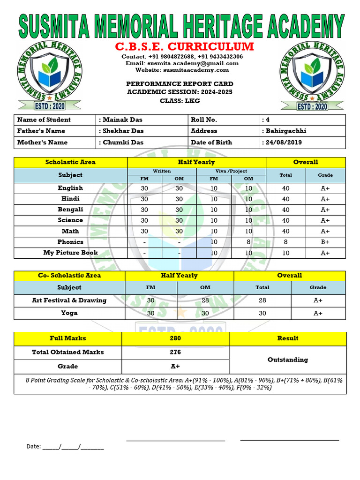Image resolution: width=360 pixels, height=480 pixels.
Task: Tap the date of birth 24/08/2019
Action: point(283,142)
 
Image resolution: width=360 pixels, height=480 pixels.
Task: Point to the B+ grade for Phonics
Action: point(325,242)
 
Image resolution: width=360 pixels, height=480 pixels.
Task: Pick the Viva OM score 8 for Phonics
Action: point(248,242)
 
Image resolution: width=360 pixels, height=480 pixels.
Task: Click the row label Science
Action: point(70,220)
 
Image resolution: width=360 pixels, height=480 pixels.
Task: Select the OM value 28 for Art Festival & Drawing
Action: point(205,300)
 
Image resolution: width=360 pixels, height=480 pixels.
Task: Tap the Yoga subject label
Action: point(69,313)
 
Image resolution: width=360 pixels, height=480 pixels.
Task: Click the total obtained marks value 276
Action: point(175,352)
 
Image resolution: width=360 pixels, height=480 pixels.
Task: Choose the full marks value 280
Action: point(175,338)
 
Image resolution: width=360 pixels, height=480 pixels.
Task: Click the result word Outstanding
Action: point(287,360)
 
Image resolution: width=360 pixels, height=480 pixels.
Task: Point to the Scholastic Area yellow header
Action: point(70,162)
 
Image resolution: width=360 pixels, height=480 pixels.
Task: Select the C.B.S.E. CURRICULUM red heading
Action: point(184,47)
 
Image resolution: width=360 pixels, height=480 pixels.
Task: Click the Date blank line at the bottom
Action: point(73,447)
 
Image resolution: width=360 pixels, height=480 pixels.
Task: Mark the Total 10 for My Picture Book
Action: point(285,253)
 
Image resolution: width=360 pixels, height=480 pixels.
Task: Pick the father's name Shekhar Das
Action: point(123,131)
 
